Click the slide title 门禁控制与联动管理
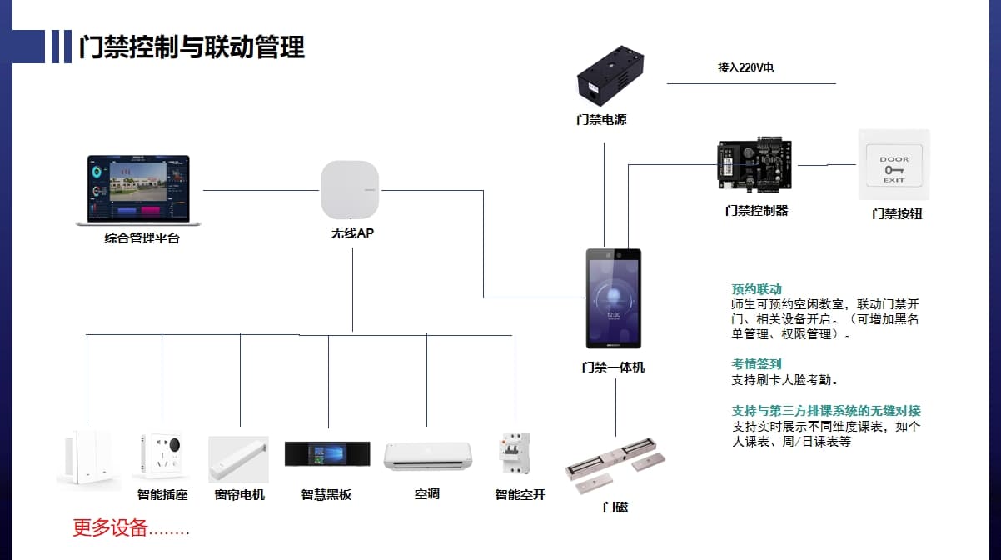click(192, 47)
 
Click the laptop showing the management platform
click(138, 189)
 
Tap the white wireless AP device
click(350, 190)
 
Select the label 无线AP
click(352, 234)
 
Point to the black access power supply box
click(611, 77)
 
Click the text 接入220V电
click(745, 67)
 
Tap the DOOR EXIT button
click(894, 164)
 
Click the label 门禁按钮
click(897, 214)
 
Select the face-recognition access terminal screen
click(613, 298)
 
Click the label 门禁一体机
click(613, 367)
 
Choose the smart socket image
click(162, 457)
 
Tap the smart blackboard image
click(326, 454)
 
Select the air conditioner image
click(427, 456)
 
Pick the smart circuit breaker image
click(514, 454)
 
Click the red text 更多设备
click(110, 527)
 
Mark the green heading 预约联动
click(757, 289)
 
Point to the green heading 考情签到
click(757, 364)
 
